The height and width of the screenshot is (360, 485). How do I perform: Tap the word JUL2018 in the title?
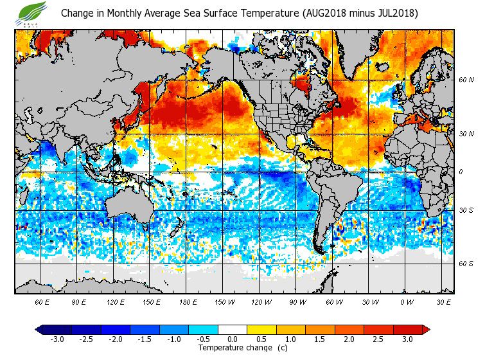[x=393, y=13]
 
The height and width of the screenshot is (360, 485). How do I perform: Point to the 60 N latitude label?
[x=466, y=80]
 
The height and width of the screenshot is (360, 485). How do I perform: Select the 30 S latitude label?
[x=466, y=210]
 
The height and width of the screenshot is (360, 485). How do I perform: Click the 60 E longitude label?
[x=42, y=301]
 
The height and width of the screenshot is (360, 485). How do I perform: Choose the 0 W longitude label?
[x=406, y=301]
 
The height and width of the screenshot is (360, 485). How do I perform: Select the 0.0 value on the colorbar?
[x=232, y=339]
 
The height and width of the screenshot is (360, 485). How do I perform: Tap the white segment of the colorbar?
[x=232, y=330]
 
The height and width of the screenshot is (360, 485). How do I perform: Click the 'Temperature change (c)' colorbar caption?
[x=243, y=348]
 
